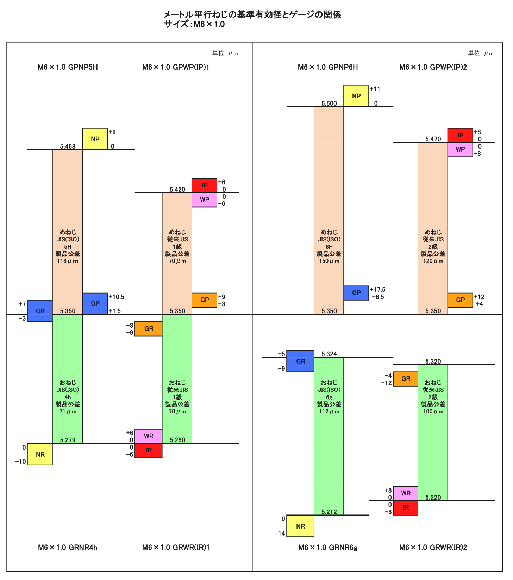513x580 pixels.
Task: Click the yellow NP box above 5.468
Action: tap(95, 139)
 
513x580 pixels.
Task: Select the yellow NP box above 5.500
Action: tap(356, 96)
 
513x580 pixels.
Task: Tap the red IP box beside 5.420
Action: tap(204, 185)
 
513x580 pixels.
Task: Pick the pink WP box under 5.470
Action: tap(460, 149)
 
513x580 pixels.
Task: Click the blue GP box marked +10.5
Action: tap(95, 303)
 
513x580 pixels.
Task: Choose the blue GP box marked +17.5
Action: tap(356, 293)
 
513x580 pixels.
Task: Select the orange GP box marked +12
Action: tap(460, 300)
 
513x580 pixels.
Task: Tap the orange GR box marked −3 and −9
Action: tap(149, 329)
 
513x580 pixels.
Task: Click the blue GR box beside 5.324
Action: tap(300, 361)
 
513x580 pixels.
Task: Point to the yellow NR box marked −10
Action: tap(40, 454)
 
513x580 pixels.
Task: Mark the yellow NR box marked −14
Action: tap(300, 526)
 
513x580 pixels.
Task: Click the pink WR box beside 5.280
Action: tap(149, 436)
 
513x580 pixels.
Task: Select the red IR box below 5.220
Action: tap(406, 508)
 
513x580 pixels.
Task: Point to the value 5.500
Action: tap(329, 104)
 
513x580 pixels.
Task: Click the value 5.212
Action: tap(329, 512)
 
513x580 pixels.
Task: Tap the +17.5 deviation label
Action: tap(377, 290)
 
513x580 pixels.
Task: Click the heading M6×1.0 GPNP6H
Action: tap(328, 67)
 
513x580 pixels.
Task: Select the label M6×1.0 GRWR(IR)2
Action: tap(433, 548)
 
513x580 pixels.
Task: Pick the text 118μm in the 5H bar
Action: tap(68, 261)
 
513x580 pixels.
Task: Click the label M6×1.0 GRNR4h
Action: tap(68, 548)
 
